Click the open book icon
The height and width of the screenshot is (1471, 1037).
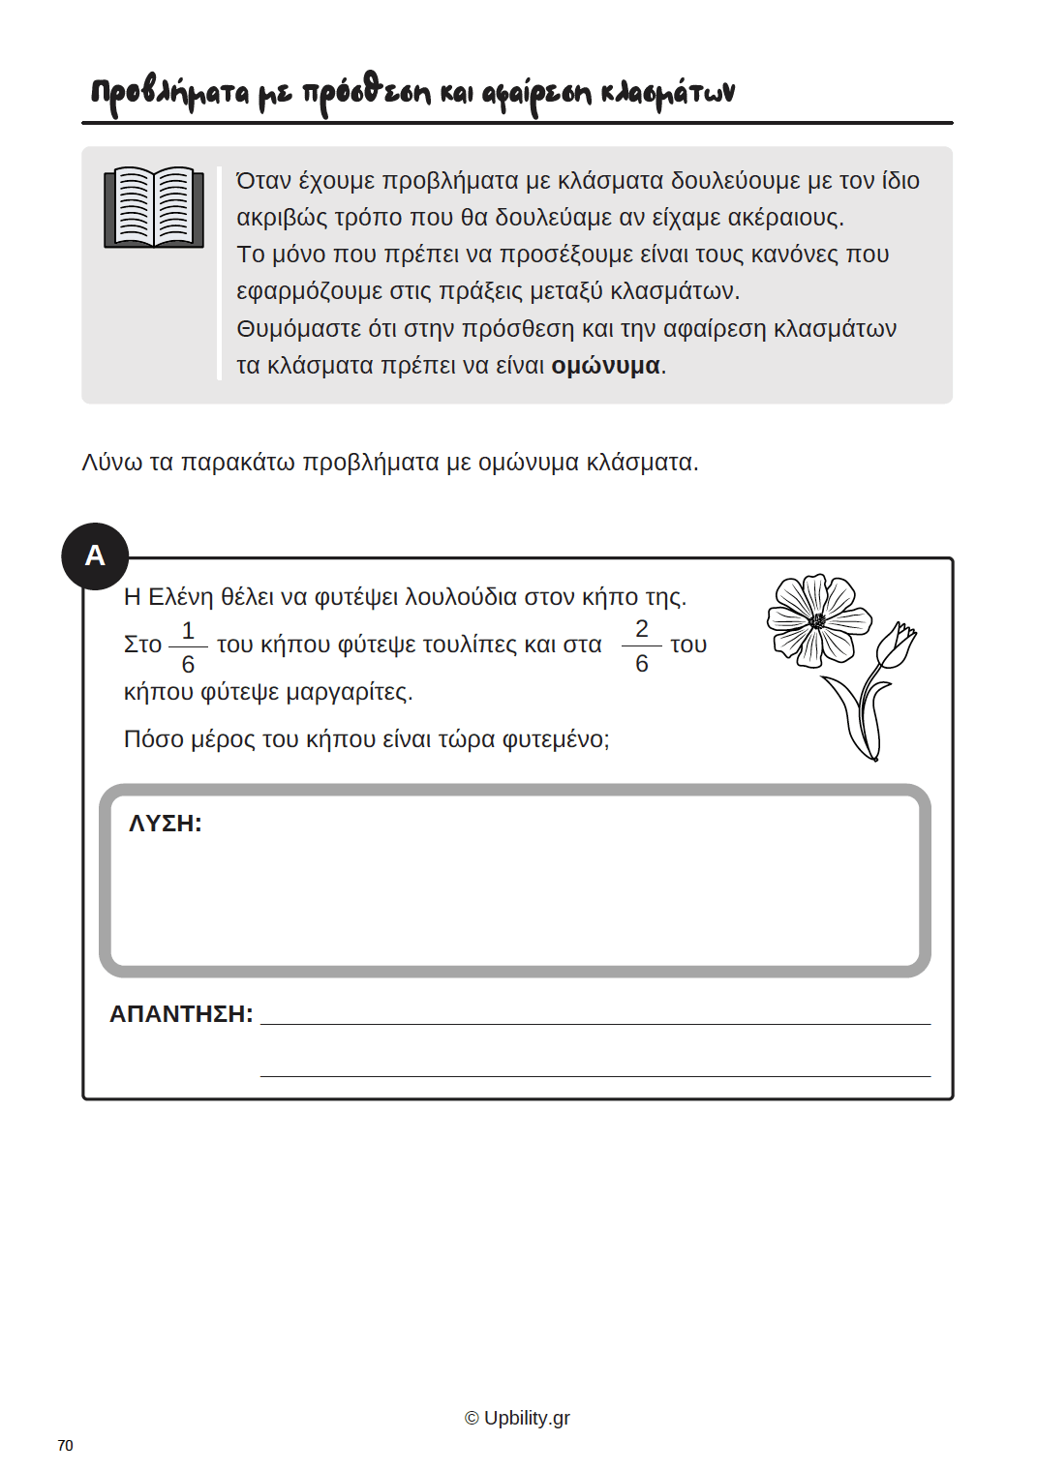coord(154,207)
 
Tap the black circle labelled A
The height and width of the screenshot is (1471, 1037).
coord(95,555)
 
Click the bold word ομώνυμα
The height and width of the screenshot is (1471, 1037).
coord(605,366)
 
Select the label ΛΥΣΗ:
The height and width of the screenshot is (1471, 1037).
coord(165,824)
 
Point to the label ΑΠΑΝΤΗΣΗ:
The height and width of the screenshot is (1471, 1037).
coord(181,1014)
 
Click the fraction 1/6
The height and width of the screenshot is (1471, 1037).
coord(188,646)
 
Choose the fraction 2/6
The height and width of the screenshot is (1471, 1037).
coord(641,645)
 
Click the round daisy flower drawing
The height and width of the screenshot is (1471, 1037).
coord(817,620)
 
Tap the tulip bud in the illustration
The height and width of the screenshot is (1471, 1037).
coord(897,645)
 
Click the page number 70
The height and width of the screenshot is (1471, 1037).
coord(65,1445)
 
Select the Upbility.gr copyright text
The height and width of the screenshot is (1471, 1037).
coord(517,1418)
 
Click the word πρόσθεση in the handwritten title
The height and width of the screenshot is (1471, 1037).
coord(366,94)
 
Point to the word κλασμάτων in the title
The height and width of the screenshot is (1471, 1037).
coord(667,93)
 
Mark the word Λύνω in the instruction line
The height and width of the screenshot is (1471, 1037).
coord(111,463)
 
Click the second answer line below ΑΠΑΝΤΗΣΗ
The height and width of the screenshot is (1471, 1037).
coord(595,1075)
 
